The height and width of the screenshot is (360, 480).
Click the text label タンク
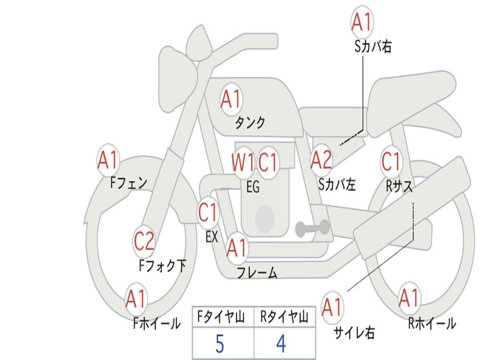(250, 123)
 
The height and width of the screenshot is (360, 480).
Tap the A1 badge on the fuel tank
(231, 99)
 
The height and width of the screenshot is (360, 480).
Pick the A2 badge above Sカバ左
(321, 160)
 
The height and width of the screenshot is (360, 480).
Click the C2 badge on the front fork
(144, 241)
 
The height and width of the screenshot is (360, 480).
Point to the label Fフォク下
(163, 266)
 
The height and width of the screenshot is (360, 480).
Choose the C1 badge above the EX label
(208, 213)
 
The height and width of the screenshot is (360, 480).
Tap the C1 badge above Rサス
(391, 162)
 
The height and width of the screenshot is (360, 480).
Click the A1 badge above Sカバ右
(361, 22)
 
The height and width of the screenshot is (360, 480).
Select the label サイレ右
(354, 332)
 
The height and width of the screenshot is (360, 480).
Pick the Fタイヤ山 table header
(221, 318)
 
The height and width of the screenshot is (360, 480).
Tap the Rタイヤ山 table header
(284, 318)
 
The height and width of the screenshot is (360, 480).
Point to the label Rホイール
(432, 323)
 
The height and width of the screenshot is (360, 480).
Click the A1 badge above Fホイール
(136, 299)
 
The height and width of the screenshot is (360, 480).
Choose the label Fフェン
(128, 183)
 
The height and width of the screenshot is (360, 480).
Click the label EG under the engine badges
(253, 187)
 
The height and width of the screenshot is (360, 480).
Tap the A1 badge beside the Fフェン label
(108, 161)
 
